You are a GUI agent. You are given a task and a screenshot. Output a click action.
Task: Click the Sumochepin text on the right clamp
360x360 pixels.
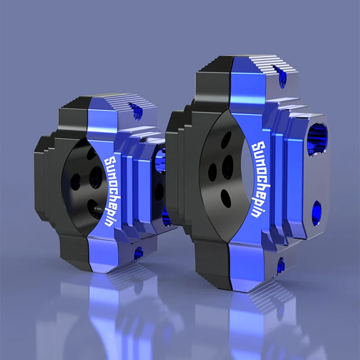click(261, 179)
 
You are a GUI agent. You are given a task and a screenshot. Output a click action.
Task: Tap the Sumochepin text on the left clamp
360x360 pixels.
click(112, 192)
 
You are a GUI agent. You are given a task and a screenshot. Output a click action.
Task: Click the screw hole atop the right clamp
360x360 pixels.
click(280, 76)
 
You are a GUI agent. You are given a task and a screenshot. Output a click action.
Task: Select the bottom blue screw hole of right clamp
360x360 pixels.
click(281, 265)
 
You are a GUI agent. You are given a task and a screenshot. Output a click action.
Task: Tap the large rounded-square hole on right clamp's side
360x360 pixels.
click(318, 139)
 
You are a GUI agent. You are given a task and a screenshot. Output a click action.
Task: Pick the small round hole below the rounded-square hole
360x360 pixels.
click(317, 213)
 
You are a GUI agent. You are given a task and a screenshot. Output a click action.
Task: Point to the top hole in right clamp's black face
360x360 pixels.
click(226, 140)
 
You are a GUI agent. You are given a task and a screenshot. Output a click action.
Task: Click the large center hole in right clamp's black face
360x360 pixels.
click(228, 167)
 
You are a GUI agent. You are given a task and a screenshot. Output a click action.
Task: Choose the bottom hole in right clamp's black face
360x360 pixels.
click(226, 198)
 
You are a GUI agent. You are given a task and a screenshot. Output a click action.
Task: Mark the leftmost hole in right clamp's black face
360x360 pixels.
click(212, 172)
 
